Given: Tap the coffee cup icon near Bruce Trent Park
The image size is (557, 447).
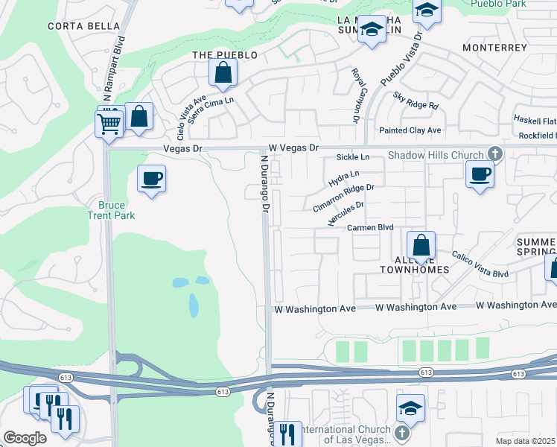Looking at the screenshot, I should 152,179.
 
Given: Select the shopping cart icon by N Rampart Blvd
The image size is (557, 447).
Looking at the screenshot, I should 109,123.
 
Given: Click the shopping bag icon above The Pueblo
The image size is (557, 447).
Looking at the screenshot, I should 223,72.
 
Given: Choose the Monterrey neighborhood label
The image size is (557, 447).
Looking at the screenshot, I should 494,48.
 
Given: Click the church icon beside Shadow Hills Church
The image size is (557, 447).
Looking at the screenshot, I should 493,154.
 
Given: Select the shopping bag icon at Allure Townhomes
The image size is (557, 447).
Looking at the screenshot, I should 421,245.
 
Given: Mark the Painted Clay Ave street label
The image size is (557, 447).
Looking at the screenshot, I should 410,130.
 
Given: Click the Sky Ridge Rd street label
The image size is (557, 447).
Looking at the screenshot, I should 416,101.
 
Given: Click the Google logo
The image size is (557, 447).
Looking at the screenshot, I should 25,437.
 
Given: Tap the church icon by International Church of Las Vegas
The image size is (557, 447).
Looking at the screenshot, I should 401,432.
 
